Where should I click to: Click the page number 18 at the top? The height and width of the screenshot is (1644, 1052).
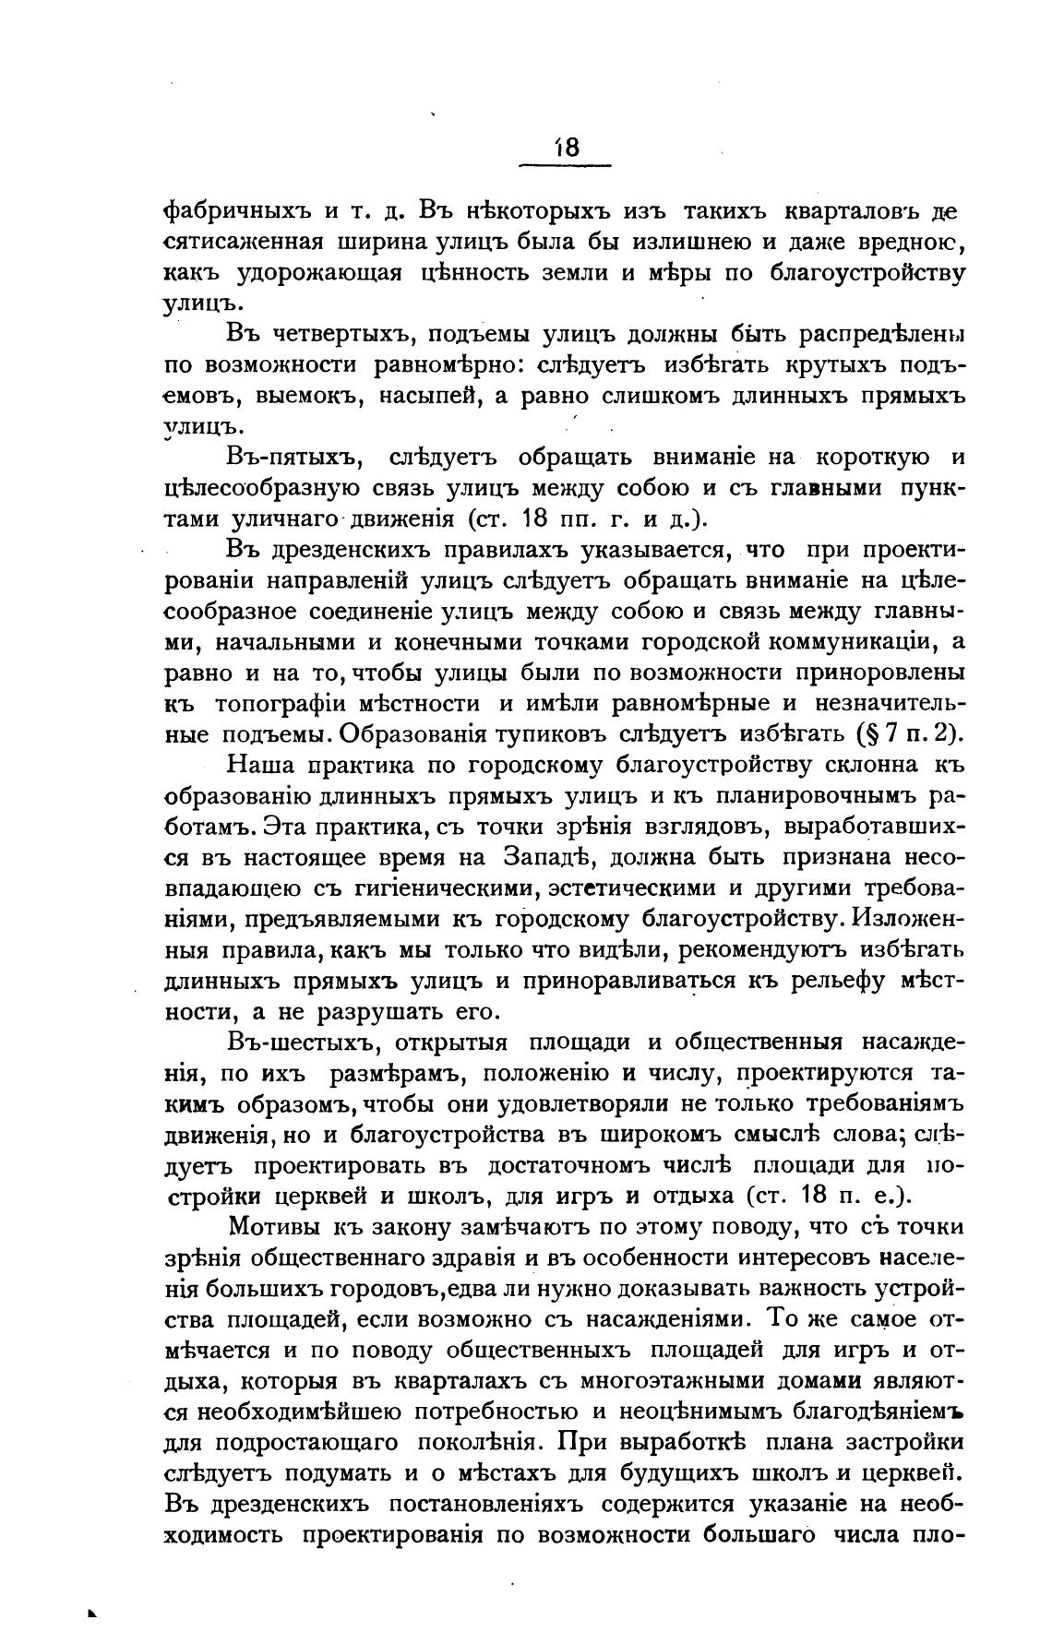(x=566, y=148)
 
